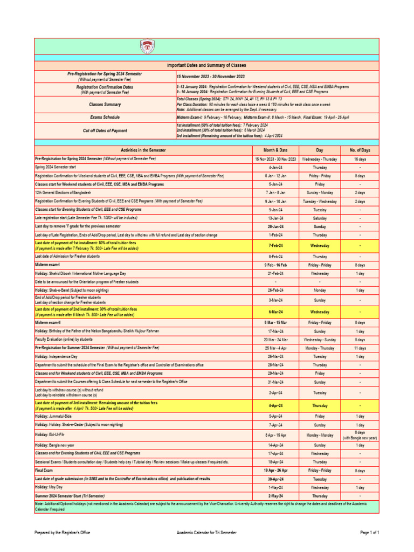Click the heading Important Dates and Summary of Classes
click(206, 65)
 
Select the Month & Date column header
click(275, 150)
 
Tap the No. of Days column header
click(361, 150)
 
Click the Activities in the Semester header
click(143, 150)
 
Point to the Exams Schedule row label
click(105, 117)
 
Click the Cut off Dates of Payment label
click(105, 130)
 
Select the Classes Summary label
click(105, 104)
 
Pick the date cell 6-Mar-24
click(275, 312)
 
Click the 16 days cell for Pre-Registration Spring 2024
click(361, 160)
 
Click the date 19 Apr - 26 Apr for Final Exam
click(275, 471)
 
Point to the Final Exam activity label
click(45, 471)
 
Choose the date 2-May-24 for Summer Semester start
click(275, 495)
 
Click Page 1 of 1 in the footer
click(370, 533)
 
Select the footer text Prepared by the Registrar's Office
click(62, 533)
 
